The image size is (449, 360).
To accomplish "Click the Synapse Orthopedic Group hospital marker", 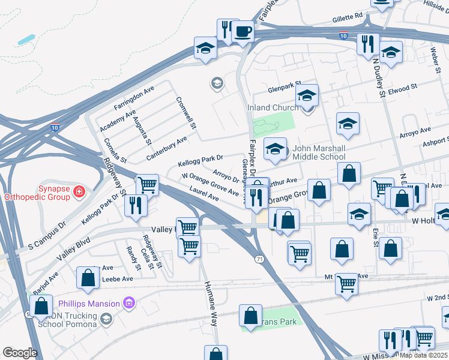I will pos(79,192).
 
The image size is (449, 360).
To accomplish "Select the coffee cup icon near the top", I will pos(243,31).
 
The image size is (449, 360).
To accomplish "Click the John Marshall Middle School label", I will pos(319,152).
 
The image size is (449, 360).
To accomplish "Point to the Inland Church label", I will pos(273,108).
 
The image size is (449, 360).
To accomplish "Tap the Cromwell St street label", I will pos(186,113).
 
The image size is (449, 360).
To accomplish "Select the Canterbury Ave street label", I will pos(167,149).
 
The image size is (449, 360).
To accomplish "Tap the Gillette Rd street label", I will pos(348,18).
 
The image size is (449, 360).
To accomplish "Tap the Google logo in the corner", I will pos(20,353).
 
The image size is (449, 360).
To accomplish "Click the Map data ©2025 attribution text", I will pos(424,355).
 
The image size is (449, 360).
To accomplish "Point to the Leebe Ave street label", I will pos(119,279).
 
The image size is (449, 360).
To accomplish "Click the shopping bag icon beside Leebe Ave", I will pos(88,278).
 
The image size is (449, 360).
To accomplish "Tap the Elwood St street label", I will pos(402,89).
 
